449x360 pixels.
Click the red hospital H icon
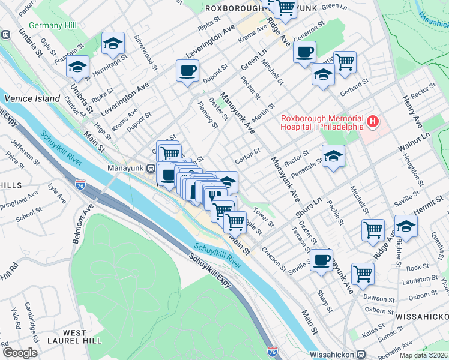tap(373, 122)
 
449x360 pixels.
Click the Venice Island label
tap(32, 98)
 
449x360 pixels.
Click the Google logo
tap(19, 353)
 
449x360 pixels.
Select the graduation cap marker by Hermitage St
tap(113, 43)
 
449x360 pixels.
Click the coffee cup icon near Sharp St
tap(322, 260)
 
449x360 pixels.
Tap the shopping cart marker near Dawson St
tap(363, 273)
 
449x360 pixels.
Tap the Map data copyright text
tap(423, 355)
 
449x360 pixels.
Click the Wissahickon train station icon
tap(362, 354)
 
